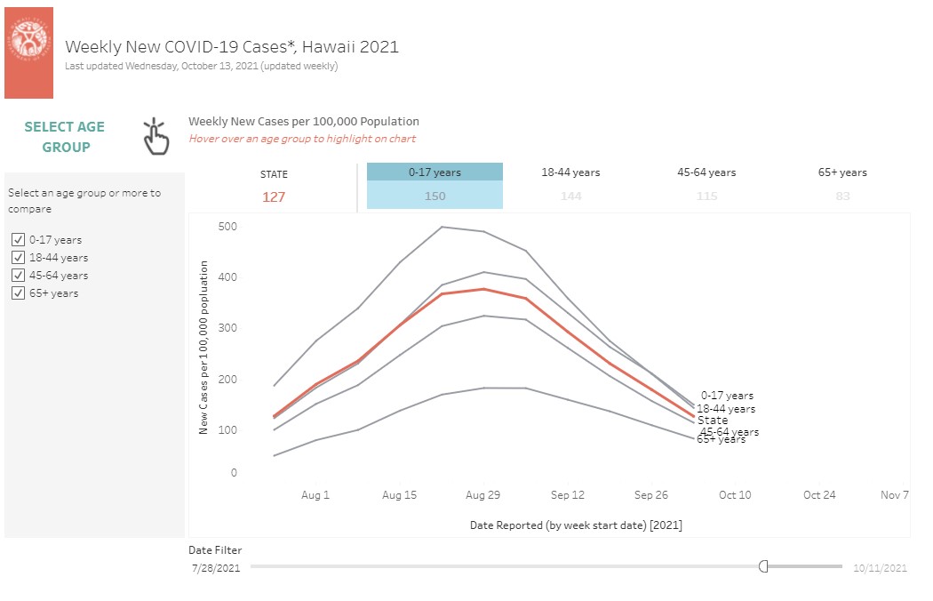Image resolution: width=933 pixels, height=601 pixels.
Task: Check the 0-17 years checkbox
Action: coord(19,240)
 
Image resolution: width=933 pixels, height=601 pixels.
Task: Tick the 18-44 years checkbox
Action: coord(19,258)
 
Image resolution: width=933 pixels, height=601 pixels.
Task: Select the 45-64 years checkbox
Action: coord(19,276)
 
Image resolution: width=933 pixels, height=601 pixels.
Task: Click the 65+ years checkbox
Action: coord(19,293)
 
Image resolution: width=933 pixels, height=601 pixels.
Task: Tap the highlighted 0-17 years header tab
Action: coord(435,172)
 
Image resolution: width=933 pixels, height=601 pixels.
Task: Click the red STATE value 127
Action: coord(274,197)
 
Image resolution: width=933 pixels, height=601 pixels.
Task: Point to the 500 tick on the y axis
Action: coord(228,227)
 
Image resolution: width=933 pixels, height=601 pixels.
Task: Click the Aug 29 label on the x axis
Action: coord(482,495)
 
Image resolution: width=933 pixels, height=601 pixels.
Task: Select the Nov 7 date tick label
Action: coord(894,495)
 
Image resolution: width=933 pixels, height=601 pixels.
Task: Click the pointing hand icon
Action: coord(156,136)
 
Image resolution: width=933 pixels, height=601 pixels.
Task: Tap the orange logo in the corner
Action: coord(28,52)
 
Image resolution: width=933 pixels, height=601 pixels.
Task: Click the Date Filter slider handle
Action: coord(763,566)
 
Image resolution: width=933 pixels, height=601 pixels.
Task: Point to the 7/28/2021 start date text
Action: coord(216,567)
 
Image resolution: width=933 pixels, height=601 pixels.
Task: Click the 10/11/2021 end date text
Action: coord(880,567)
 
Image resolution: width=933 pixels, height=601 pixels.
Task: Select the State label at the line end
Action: coord(713,421)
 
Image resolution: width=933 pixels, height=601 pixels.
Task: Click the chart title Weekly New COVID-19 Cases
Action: coord(232,46)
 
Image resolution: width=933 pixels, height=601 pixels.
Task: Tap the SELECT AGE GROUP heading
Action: coord(65,137)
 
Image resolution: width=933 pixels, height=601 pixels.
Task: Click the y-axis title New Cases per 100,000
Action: coord(203,347)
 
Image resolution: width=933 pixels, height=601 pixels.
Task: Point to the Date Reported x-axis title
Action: coord(576,525)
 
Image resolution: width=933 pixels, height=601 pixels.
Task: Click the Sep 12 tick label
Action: coord(567,495)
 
